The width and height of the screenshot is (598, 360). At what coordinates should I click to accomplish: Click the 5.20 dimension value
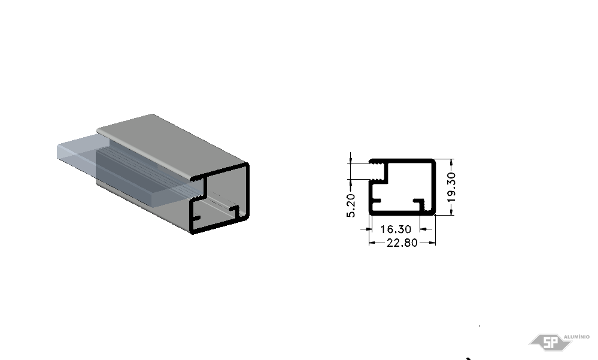pos(351,205)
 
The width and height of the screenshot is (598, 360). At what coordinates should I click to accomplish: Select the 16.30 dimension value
pos(396,229)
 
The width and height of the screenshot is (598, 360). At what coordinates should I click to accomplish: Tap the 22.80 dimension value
pos(402,243)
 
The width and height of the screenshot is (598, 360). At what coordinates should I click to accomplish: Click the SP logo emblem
pos(551,342)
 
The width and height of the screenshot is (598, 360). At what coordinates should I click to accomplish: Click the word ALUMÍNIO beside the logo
pos(576,337)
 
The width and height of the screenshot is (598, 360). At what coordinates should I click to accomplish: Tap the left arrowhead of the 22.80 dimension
pos(372,243)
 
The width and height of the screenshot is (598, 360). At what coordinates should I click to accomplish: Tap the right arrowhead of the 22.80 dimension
pos(432,243)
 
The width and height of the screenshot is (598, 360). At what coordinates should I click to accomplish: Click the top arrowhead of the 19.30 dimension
pos(451,163)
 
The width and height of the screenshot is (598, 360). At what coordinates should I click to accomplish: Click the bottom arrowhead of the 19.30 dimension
pos(451,211)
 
